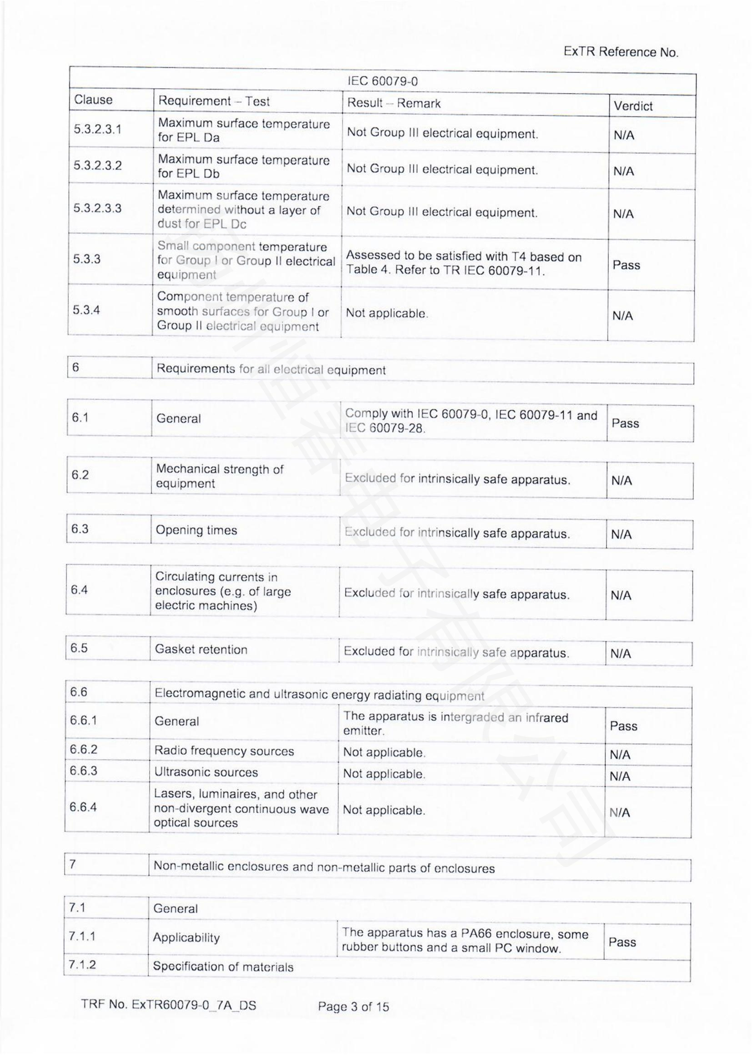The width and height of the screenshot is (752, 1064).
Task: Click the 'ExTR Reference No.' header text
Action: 621,52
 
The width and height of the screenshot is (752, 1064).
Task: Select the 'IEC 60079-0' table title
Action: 382,81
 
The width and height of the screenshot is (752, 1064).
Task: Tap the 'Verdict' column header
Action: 633,106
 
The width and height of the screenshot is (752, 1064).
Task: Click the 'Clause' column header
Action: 93,100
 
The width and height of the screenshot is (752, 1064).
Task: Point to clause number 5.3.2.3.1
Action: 97,129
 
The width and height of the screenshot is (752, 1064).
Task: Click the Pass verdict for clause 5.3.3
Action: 626,265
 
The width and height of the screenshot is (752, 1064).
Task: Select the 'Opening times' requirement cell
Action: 196,530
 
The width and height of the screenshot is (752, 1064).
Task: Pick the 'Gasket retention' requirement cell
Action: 201,649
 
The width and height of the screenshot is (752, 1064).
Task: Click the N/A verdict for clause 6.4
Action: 621,595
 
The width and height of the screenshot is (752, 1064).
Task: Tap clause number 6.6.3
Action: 83,771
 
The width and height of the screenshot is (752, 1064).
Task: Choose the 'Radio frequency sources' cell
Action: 224,751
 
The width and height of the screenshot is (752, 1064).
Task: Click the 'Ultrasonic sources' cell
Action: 206,772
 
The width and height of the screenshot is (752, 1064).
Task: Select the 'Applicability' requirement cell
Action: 186,938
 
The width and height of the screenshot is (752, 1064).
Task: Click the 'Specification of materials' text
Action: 223,967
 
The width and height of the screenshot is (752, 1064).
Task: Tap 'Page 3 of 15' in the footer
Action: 353,1007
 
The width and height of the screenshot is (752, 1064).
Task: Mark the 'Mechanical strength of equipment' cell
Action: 220,476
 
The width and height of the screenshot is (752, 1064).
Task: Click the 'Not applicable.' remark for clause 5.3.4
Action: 386,313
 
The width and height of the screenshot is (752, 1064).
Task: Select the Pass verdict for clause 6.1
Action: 625,423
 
